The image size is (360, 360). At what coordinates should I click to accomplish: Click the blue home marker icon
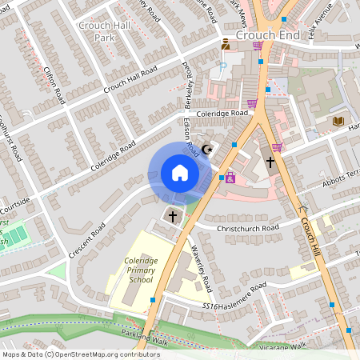click(x=180, y=173)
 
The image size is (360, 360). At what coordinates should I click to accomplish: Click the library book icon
click(x=338, y=121)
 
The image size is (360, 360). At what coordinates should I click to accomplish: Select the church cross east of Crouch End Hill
click(x=270, y=162)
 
